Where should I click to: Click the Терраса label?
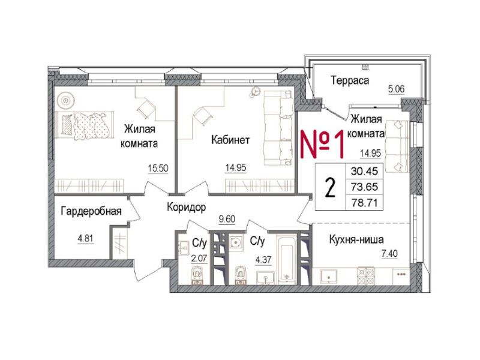click(350, 80)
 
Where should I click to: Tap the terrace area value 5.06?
click(397, 89)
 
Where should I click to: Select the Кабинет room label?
click(230, 140)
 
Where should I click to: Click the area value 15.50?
click(158, 168)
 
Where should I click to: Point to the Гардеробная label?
click(91, 211)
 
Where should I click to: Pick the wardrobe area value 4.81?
click(86, 238)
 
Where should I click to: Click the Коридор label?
click(187, 207)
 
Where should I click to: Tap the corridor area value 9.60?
click(227, 219)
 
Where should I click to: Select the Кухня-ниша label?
click(356, 239)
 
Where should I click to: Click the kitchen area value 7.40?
click(389, 254)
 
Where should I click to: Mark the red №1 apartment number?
click(322, 143)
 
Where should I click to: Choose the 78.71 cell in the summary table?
click(364, 203)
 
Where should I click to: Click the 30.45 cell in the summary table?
click(364, 171)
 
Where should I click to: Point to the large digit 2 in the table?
click(330, 187)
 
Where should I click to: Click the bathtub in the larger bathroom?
click(287, 260)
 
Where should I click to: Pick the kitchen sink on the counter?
click(328, 276)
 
